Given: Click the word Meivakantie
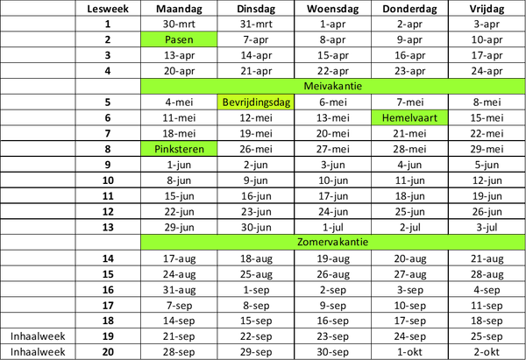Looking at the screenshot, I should [x=333, y=87].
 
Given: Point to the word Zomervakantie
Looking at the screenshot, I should [x=332, y=242].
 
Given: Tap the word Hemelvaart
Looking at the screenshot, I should [x=409, y=117].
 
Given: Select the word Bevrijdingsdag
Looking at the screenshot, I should [x=255, y=102].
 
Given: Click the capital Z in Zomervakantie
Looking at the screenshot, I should [x=301, y=242].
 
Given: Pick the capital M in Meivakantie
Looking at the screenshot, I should [x=308, y=87].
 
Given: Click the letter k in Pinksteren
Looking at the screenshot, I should [x=172, y=149].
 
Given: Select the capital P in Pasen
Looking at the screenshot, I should [x=167, y=39].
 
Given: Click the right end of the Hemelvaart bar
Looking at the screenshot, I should [x=447, y=117].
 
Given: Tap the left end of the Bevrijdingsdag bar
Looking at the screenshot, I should [x=219, y=102].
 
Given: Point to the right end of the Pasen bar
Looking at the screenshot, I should [x=215, y=39].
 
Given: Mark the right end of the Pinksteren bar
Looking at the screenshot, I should [x=215, y=149].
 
